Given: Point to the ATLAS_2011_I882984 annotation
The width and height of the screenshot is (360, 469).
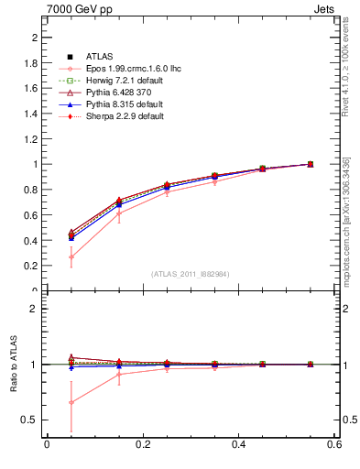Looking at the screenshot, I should (x=190, y=274).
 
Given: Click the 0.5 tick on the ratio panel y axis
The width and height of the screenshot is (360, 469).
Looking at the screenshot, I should (x=30, y=420).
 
